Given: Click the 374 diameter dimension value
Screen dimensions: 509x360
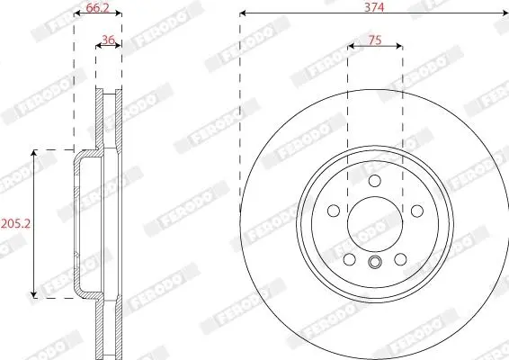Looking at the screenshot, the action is pos(374,7).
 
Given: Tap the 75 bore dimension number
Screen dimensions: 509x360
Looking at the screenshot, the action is pos(375,40).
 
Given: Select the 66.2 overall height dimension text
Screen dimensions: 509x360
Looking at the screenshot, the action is pos(98,8).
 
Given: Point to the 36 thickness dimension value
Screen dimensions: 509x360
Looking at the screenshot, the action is pos(109,40).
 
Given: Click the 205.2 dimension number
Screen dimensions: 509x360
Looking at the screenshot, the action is pos(16,223).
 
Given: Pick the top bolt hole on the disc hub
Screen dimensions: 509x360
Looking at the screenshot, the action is pos(375,181).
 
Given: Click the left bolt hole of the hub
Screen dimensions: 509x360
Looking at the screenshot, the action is pos(334,211).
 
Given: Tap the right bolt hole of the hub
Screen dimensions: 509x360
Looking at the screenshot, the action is pos(417,211).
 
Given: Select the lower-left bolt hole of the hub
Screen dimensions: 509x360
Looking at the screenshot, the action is pos(350,259).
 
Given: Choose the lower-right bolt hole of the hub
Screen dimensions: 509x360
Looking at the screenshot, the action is pos(400,259).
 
